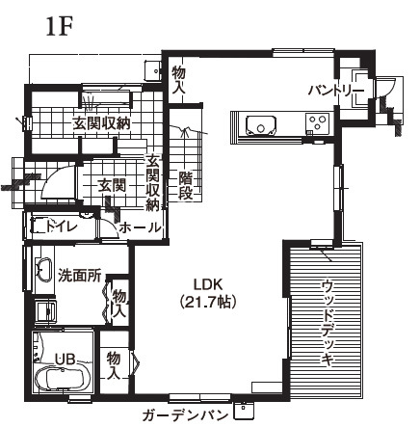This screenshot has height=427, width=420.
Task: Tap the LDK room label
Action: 208,284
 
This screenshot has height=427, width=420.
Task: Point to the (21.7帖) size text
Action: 208,301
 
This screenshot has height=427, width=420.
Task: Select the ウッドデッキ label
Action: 328,322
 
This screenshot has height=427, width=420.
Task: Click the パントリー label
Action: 334,90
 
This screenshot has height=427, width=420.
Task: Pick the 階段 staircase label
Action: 186,185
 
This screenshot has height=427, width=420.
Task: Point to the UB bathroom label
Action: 65,360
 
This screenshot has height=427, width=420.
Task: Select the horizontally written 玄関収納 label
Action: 101,123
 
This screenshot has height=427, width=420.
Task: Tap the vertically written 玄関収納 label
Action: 152,182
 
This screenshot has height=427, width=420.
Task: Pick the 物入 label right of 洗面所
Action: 118,304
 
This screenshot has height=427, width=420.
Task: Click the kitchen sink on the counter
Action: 260,124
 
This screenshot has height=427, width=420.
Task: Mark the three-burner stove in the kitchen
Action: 317,121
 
